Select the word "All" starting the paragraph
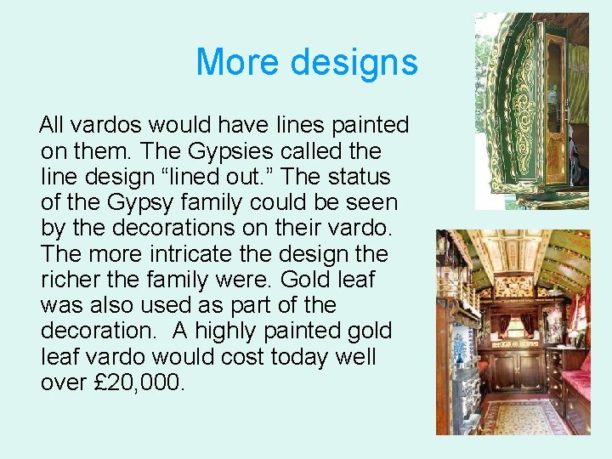click(x=52, y=126)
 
